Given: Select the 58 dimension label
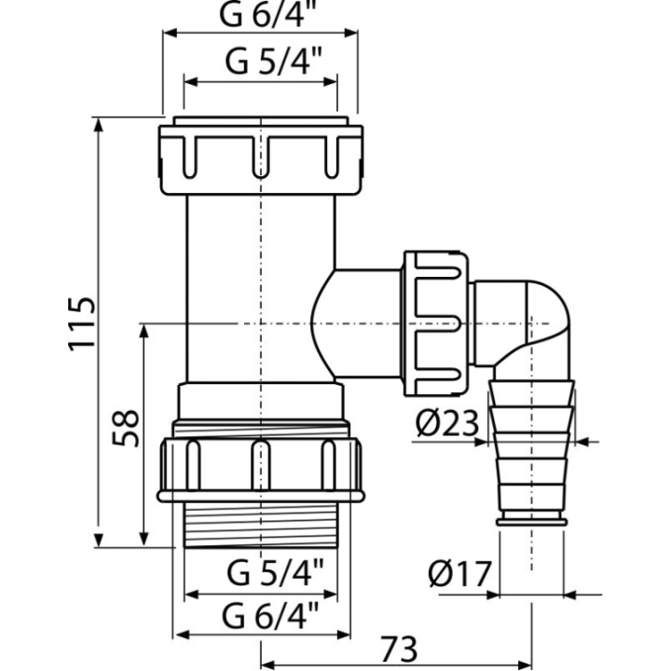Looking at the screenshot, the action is [x=126, y=429].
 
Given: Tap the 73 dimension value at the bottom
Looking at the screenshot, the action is [x=399, y=649].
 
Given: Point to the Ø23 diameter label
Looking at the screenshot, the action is [x=446, y=423].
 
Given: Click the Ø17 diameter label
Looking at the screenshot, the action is [x=459, y=573].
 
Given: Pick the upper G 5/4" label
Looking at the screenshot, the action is [x=273, y=62].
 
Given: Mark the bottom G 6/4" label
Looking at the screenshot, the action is [x=270, y=615].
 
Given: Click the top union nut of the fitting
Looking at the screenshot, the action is [x=261, y=160].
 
